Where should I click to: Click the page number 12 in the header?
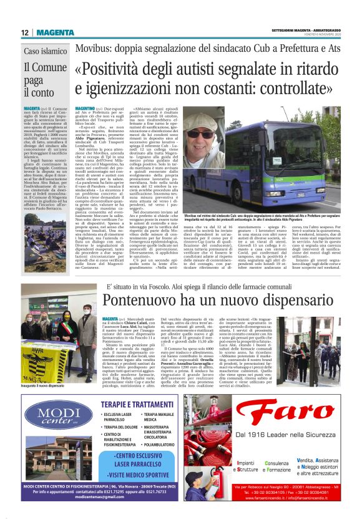(25, 33)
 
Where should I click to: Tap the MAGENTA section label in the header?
(54, 33)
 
